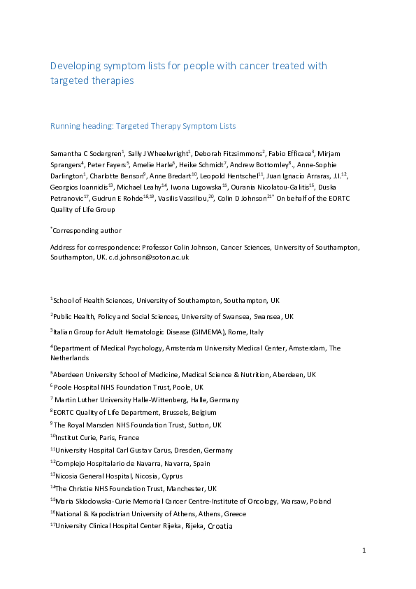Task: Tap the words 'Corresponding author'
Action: [87, 230]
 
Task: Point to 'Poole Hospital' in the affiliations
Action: [76, 387]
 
